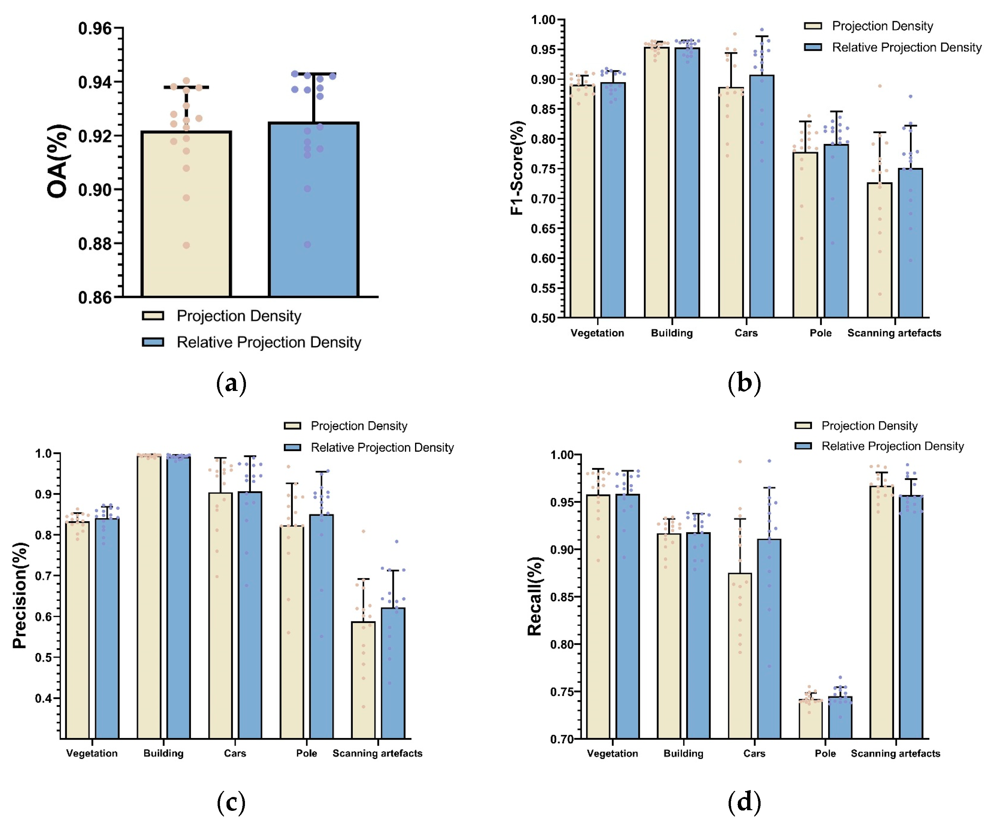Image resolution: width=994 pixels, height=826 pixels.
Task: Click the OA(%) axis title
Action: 58,161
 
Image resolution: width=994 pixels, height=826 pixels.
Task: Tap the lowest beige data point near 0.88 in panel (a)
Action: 186,245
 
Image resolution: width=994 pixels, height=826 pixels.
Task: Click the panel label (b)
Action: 744,382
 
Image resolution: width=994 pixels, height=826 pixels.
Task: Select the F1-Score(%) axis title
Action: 517,168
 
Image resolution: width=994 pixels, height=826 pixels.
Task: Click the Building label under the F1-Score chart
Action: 672,333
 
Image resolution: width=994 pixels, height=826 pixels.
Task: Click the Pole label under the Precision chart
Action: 306,753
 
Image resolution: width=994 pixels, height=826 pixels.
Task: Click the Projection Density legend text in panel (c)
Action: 359,426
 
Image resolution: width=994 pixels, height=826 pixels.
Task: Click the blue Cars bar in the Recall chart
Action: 769,639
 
